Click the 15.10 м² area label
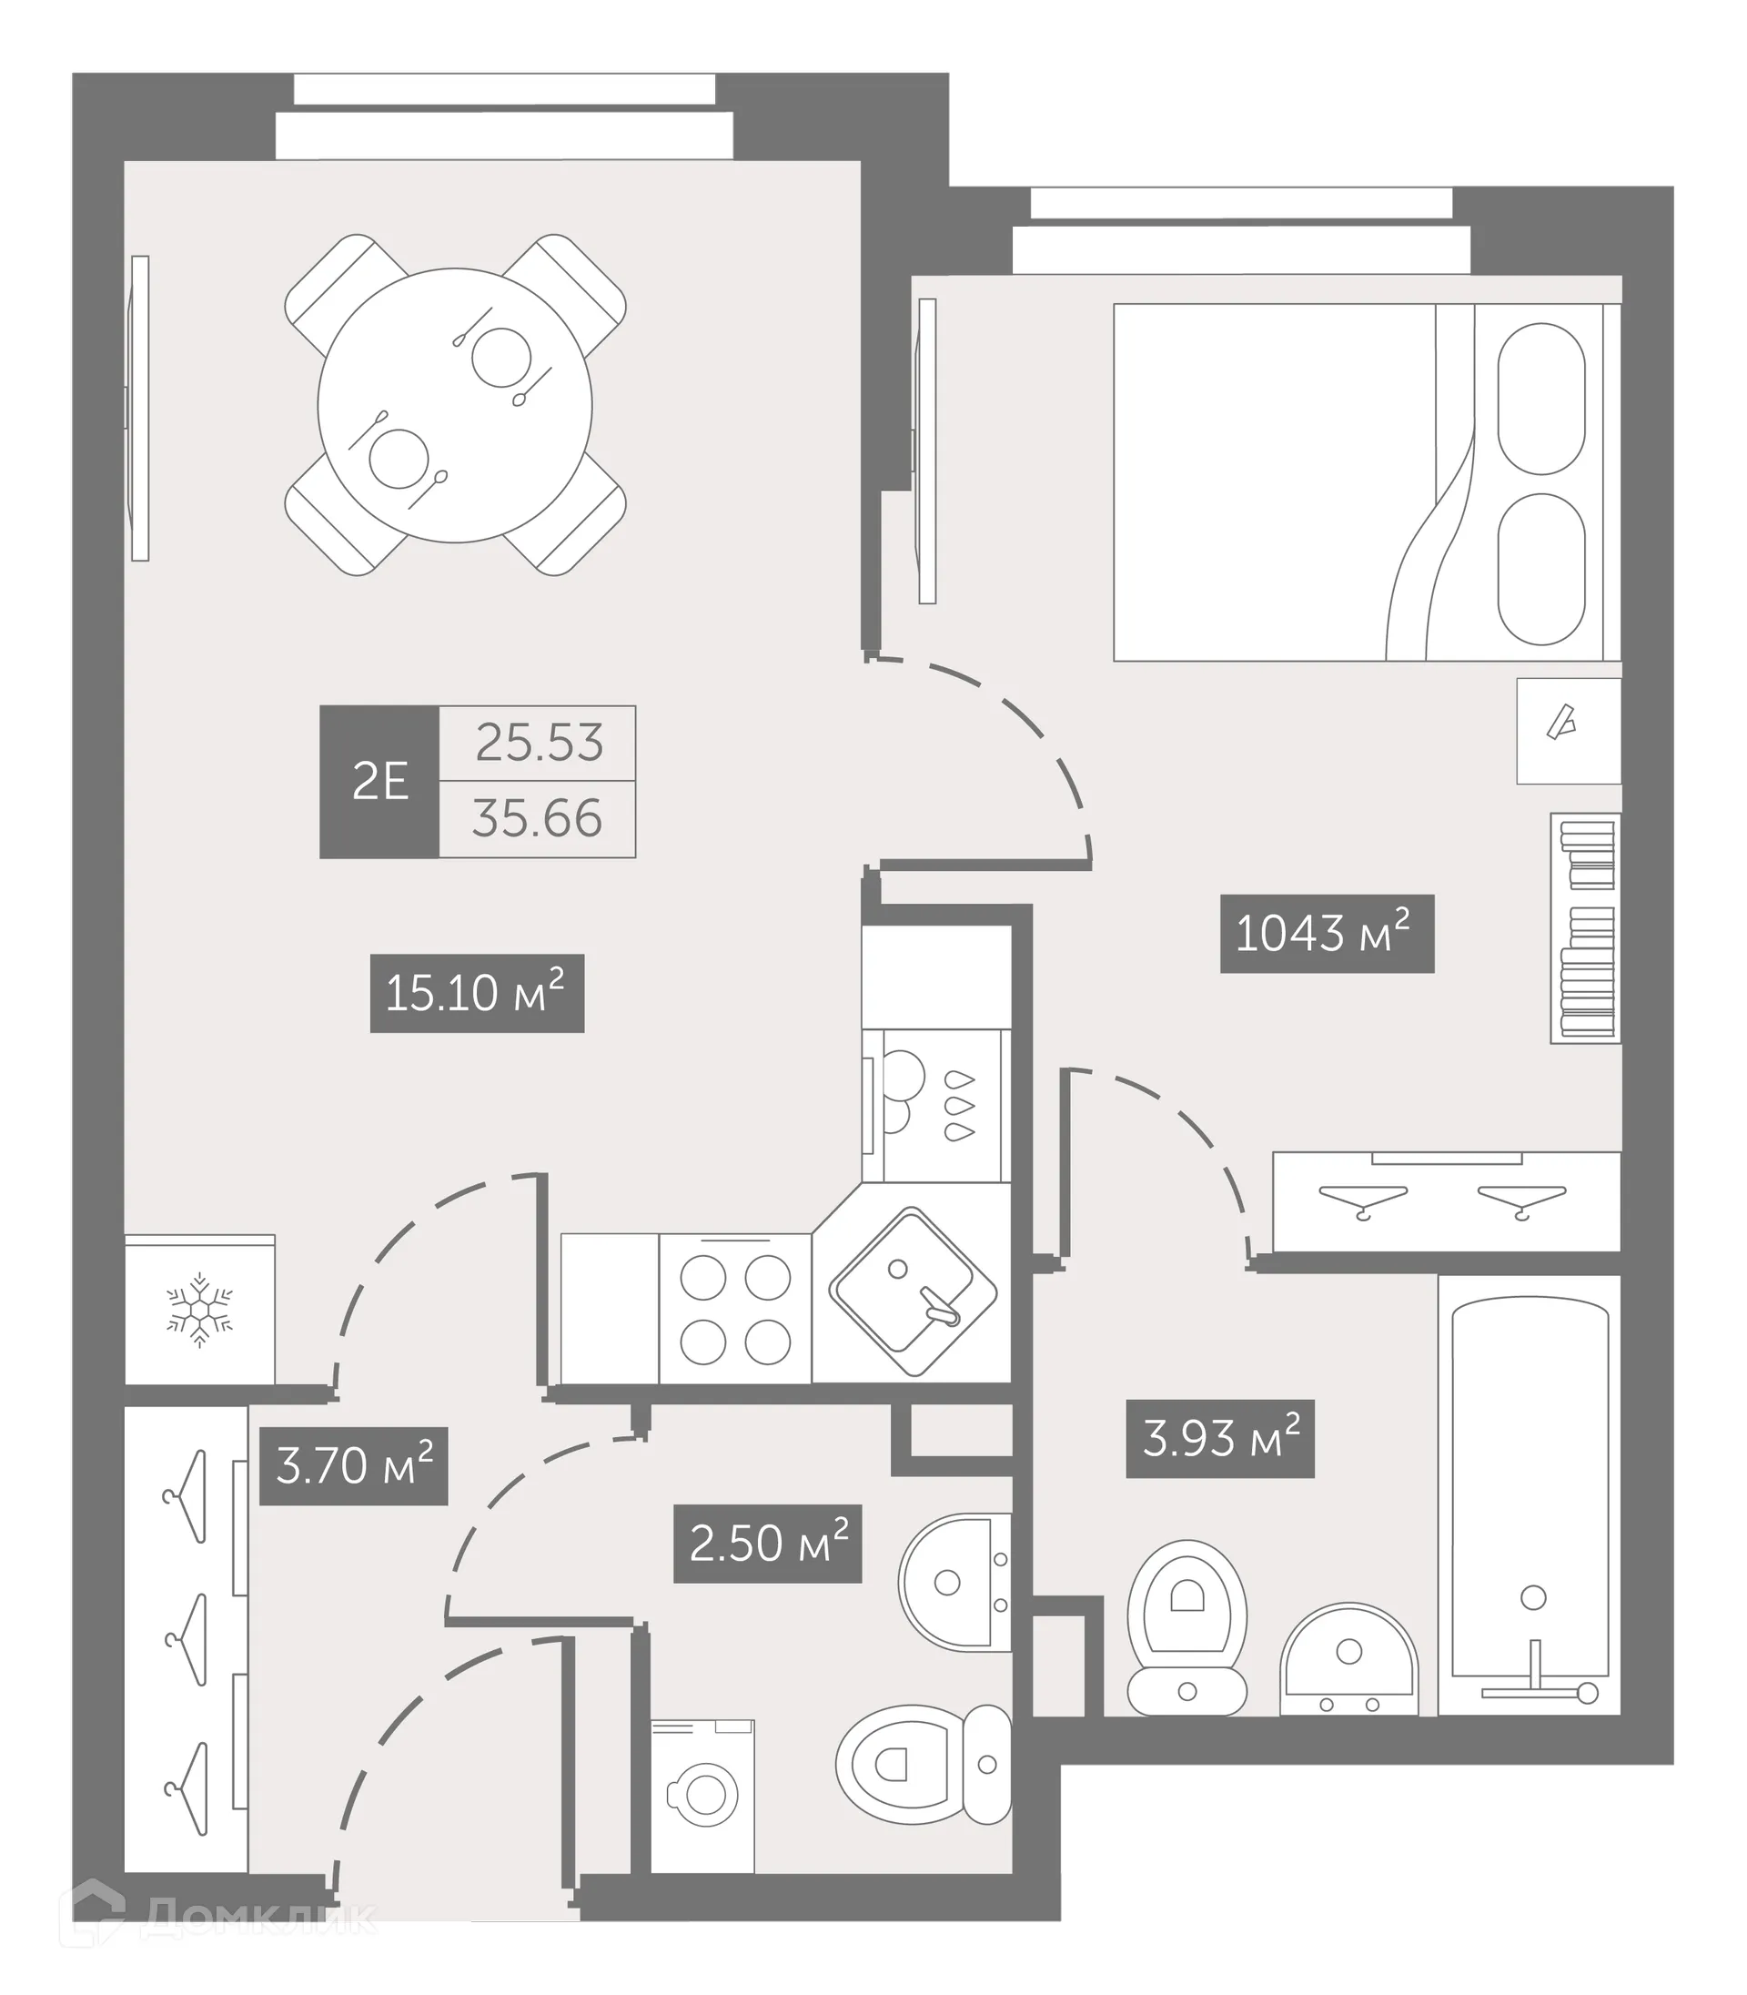coord(477,993)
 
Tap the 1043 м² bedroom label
coord(1326,933)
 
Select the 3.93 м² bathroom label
coord(1219,1438)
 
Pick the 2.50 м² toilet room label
coord(767,1543)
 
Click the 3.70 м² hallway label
coord(353,1465)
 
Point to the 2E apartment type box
coord(379,781)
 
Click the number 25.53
coord(538,743)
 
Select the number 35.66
coord(537,818)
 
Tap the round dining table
coord(454,405)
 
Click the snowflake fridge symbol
coord(200,1310)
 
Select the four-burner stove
coord(735,1309)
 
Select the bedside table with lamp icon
coord(1568,730)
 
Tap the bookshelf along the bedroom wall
coord(1586,927)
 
